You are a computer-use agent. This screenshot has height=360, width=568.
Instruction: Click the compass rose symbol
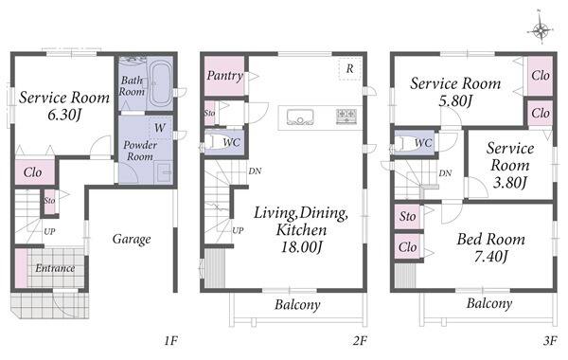coord(541,30)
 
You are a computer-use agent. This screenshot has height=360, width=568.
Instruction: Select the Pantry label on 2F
coord(224,76)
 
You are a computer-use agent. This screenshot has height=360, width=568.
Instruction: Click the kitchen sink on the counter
coord(300,117)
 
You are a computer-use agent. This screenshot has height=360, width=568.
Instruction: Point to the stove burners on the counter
coord(346,116)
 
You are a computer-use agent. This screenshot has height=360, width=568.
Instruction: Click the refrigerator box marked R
coord(350,68)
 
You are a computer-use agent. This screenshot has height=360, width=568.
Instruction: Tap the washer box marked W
coord(160,128)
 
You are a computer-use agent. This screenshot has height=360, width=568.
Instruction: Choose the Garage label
coord(132,240)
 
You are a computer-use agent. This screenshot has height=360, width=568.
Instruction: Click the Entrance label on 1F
coord(55,268)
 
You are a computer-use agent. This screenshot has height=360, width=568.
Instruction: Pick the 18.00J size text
coord(302,247)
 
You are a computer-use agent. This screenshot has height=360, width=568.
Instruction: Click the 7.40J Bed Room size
coord(491,257)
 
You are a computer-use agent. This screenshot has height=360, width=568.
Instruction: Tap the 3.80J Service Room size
coord(510,182)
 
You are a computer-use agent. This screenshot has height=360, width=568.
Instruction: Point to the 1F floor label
coord(170,341)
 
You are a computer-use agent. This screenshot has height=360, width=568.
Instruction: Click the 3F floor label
coord(550,341)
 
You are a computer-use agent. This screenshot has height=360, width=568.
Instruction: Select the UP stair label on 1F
coord(49,231)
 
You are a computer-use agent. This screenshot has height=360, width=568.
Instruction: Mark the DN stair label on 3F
coord(445,173)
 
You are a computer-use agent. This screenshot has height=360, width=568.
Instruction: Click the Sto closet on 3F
coord(408,216)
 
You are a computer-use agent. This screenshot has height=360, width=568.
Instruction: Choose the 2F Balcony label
coord(297,304)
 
